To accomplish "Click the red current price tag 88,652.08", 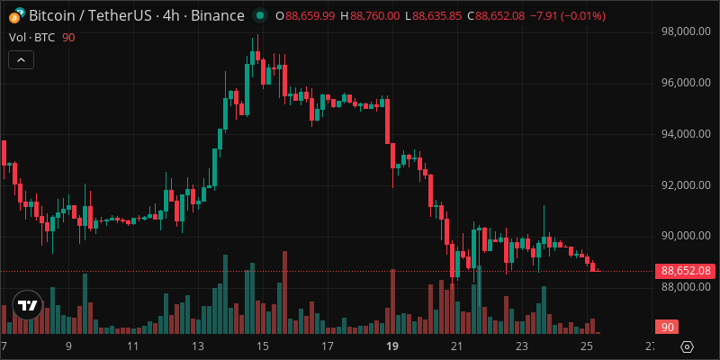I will (x=686, y=270).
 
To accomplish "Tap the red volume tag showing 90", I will (x=666, y=328).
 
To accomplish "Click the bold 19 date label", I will (x=391, y=346).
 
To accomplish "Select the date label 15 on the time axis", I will (x=262, y=346).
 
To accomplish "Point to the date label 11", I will (x=132, y=346).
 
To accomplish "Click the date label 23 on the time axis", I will (x=521, y=346).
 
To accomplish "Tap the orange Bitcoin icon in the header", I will (x=15, y=16).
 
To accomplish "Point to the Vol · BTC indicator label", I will (x=32, y=37).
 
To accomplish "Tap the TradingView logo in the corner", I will (x=28, y=306).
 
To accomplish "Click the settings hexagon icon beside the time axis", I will (x=688, y=346).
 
